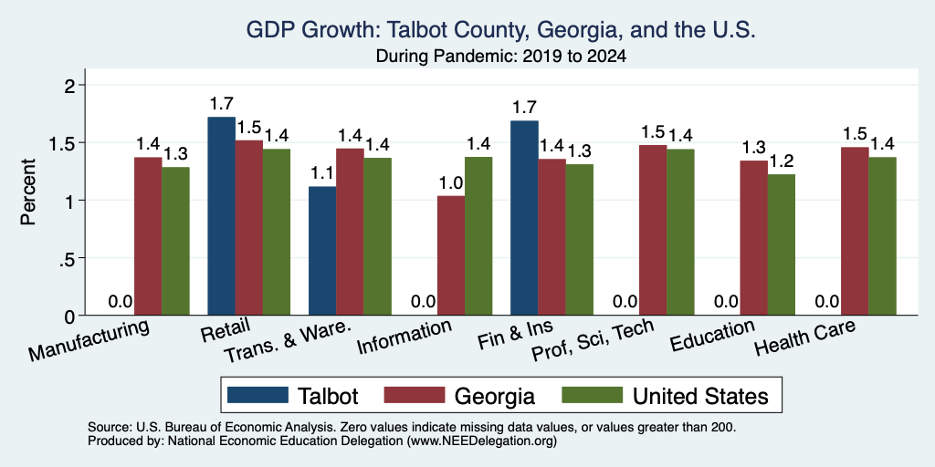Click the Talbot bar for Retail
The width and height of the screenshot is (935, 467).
(x=221, y=216)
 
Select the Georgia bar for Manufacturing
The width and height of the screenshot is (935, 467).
(x=148, y=236)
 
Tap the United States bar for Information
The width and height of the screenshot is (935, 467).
(x=478, y=236)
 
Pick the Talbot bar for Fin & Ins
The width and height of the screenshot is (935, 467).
(x=525, y=218)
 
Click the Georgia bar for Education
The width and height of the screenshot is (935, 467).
(x=753, y=238)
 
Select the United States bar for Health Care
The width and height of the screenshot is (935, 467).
(x=883, y=236)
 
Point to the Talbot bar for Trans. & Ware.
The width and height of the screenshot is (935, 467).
(x=322, y=251)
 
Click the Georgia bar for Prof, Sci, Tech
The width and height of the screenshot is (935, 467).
(x=653, y=230)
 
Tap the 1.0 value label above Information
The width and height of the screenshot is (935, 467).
(x=451, y=183)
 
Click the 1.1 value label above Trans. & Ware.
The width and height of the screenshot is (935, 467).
(x=322, y=174)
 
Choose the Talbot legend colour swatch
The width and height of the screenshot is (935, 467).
(x=258, y=395)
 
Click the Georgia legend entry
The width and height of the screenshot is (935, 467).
(x=459, y=396)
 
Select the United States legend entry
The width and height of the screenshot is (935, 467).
(x=665, y=396)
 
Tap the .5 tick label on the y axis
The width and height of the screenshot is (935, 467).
(x=68, y=258)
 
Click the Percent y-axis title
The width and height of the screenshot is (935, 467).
(x=28, y=192)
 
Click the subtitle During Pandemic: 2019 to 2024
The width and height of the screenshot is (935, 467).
(x=501, y=57)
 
